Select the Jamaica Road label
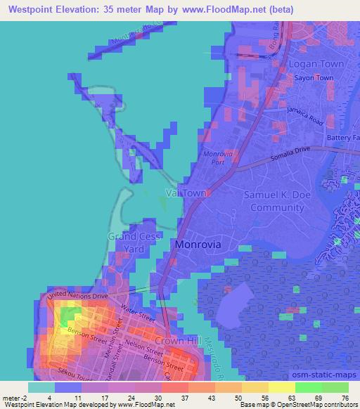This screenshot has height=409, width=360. pyautogui.click(x=304, y=110)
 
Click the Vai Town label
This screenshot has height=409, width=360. pyautogui.click(x=186, y=193)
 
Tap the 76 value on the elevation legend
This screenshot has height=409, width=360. pyautogui.click(x=344, y=397)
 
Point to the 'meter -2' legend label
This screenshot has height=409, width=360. pyautogui.click(x=15, y=397)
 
